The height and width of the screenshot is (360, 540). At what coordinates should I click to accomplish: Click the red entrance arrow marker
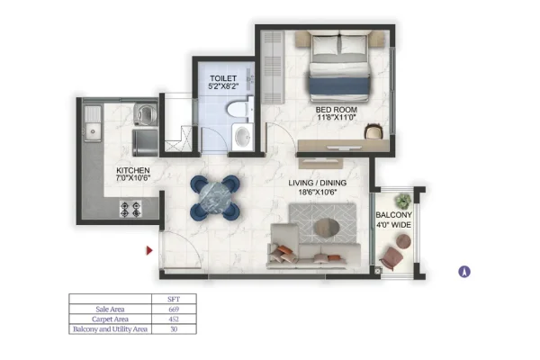coord(149,250)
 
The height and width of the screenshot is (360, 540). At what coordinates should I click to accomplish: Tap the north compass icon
coord(464,272)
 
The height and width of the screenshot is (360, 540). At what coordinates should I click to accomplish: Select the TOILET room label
coord(223,78)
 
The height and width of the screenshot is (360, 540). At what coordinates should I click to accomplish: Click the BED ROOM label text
coord(336,110)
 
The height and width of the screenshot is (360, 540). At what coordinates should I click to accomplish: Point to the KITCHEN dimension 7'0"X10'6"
coord(133,178)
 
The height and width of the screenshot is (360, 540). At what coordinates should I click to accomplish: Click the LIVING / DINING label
coord(318,183)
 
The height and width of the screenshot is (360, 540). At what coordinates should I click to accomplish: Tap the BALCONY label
coord(393,215)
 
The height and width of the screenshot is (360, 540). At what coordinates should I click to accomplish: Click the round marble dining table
coord(215,197)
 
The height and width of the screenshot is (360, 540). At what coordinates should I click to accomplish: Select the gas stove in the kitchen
coord(130,210)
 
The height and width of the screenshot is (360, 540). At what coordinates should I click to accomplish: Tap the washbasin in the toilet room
coord(243,137)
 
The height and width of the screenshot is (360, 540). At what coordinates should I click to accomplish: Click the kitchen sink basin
coord(93,131)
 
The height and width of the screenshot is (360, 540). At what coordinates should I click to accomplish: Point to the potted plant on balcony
coord(403,201)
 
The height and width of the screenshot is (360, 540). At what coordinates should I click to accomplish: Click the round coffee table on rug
coord(327,228)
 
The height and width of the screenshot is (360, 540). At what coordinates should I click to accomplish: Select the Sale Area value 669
coord(174,310)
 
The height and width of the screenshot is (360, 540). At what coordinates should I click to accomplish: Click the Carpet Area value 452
coord(174,319)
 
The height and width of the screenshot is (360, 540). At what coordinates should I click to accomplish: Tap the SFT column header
coord(174,300)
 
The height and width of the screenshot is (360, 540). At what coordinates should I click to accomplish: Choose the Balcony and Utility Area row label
coord(110,329)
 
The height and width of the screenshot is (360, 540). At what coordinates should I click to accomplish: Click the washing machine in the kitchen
coord(145,113)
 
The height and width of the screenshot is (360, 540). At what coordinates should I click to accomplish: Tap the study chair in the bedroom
coord(374,131)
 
